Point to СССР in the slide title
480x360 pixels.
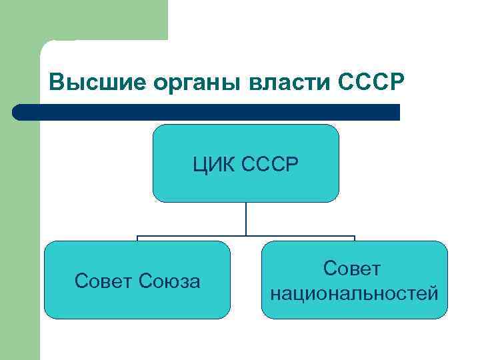pyautogui.click(x=371, y=82)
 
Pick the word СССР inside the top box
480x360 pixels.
pyautogui.click(x=270, y=163)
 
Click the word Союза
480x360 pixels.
pyautogui.click(x=170, y=282)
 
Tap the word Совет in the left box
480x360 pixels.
pyautogui.click(x=104, y=282)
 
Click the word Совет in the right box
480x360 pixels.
pyautogui.click(x=354, y=269)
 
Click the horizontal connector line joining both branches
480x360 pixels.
pyautogui.click(x=200, y=236)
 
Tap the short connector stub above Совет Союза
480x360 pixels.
pyautogui.click(x=138, y=239)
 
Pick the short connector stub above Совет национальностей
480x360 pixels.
pyautogui.click(x=355, y=239)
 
